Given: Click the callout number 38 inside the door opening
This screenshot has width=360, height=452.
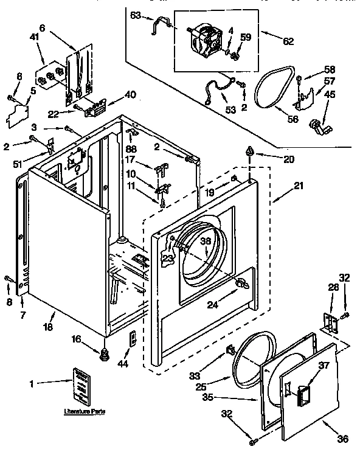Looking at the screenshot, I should (x=206, y=241).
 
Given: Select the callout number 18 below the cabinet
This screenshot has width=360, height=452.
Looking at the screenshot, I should (x=47, y=327).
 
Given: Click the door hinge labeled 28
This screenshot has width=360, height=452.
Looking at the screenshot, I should (x=328, y=323).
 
